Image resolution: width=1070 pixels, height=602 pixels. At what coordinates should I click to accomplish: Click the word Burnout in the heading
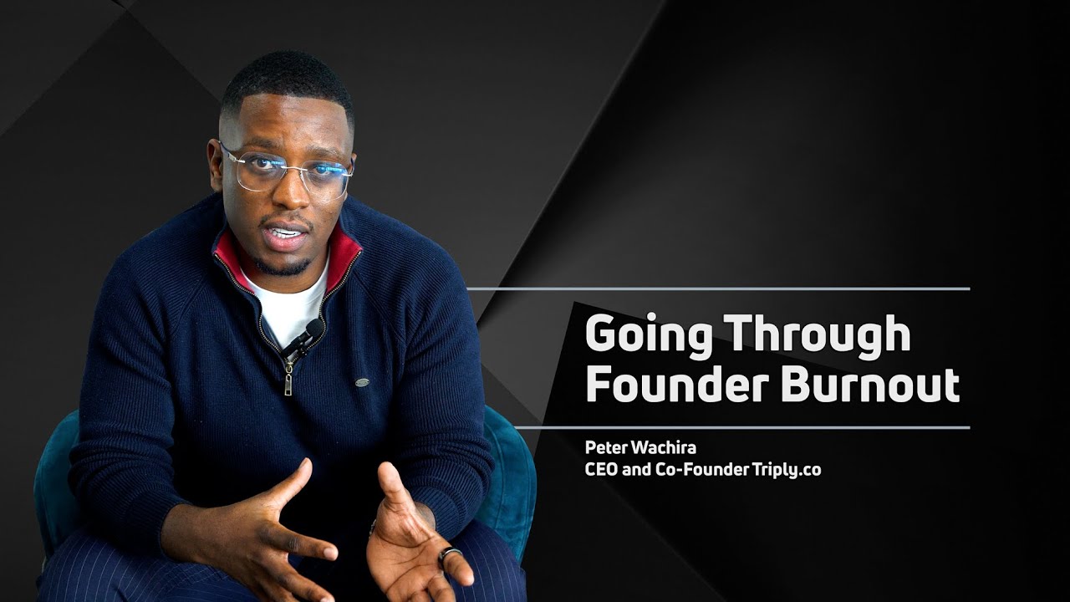(870, 385)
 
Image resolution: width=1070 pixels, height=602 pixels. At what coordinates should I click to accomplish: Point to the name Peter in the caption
(604, 449)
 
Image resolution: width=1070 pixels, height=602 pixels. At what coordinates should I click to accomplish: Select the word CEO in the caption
(602, 470)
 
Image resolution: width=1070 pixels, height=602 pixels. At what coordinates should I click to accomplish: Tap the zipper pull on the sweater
(288, 381)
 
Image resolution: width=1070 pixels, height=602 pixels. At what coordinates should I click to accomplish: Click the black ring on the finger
(450, 556)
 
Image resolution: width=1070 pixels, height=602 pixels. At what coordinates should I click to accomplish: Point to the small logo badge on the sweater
(362, 382)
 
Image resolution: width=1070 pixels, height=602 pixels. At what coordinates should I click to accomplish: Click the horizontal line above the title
(719, 289)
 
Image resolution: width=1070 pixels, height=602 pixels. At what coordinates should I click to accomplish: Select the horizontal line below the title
(742, 427)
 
